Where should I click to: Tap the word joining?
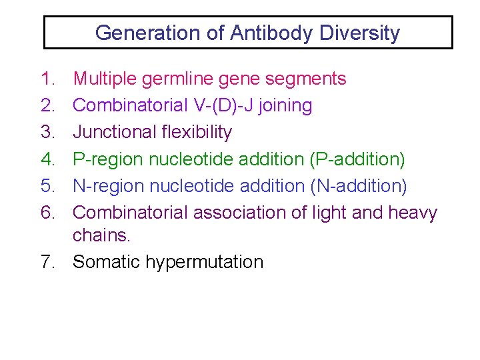(287, 106)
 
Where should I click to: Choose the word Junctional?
(115, 132)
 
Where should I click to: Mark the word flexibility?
(197, 132)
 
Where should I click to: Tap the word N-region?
(108, 186)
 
